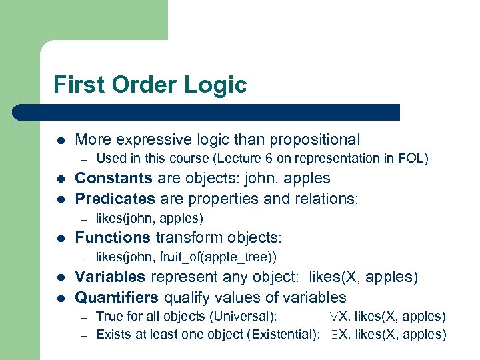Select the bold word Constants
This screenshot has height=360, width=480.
[x=113, y=179]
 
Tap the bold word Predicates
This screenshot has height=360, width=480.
[x=115, y=199]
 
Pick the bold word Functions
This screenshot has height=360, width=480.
[x=113, y=237]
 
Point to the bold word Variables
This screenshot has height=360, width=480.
[x=110, y=277]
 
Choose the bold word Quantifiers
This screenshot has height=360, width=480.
[x=117, y=297]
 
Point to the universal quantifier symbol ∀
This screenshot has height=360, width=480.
[x=335, y=317]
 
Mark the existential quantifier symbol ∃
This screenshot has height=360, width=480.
[x=335, y=335]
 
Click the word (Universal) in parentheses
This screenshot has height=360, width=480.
[x=247, y=317]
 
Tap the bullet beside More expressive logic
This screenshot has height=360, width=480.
[x=60, y=140]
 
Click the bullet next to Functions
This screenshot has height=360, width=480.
[x=60, y=238]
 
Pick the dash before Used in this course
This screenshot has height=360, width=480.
[x=84, y=159]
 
